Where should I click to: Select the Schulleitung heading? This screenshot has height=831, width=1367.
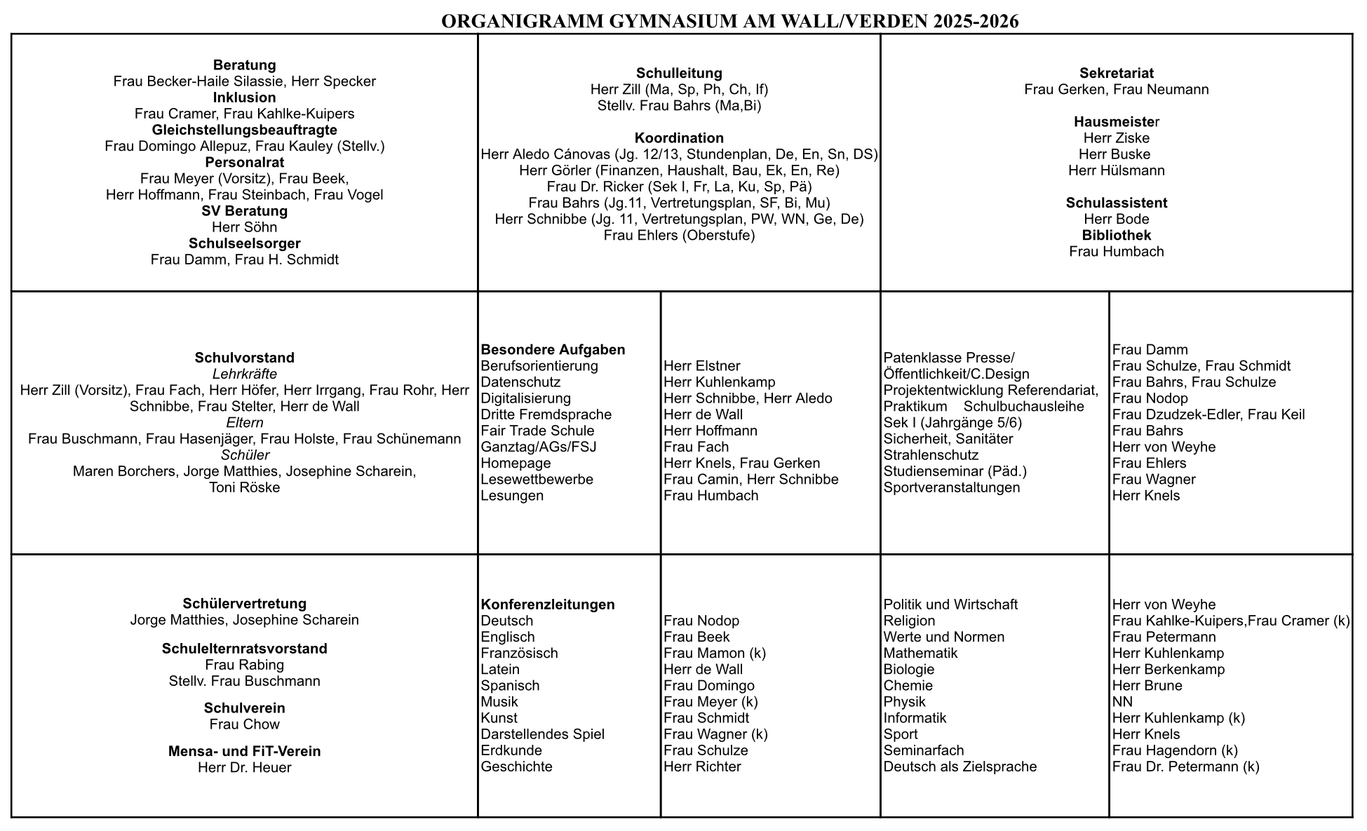(679, 73)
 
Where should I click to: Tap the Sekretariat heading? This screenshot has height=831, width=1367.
(1116, 73)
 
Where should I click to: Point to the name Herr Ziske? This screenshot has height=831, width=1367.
(1116, 138)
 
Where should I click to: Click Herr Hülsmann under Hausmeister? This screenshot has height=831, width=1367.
(1116, 170)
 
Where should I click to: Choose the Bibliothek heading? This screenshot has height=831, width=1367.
(1116, 235)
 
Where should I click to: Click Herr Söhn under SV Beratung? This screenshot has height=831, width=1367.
(244, 227)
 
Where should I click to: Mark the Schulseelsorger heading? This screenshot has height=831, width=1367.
(244, 243)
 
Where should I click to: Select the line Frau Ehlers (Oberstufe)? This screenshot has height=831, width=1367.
(679, 235)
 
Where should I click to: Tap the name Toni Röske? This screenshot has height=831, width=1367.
(244, 487)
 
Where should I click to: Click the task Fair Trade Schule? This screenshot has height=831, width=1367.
(537, 431)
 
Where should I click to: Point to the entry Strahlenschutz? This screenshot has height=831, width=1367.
(931, 455)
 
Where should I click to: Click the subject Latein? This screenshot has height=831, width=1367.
(500, 669)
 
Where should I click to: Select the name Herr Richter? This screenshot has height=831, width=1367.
(702, 766)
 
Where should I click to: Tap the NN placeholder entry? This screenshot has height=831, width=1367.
(1122, 702)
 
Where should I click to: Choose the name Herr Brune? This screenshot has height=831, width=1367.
(1147, 686)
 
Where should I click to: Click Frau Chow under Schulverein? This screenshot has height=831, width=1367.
(244, 724)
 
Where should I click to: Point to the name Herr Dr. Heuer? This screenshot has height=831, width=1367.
(244, 768)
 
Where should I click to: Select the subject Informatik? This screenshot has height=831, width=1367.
(915, 718)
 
